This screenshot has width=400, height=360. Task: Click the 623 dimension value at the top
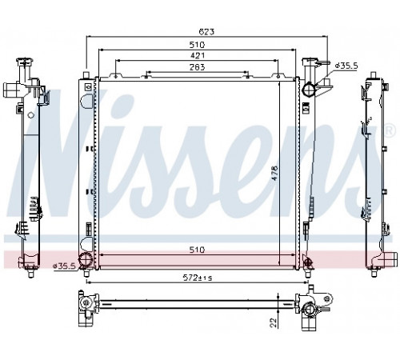206,32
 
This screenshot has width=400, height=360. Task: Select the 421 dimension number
198,55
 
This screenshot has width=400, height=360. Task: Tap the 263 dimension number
198,67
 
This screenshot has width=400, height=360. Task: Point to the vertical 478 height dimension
274,174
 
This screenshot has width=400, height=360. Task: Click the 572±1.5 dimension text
198,278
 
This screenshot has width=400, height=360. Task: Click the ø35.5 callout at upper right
346,66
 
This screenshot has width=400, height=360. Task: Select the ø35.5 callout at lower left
65,266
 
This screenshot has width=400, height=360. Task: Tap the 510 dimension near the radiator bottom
197,250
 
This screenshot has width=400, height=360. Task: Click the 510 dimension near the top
197,44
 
